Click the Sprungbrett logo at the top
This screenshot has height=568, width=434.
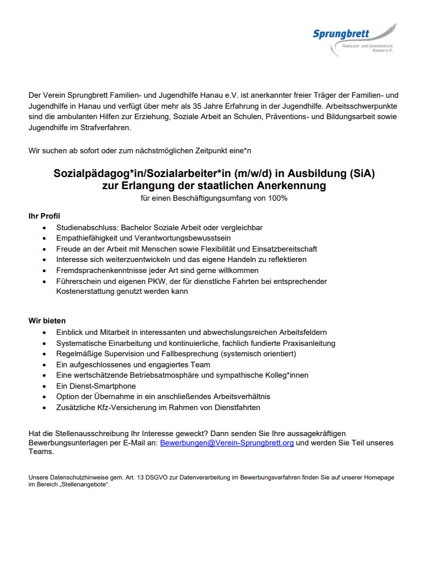tap(354, 39)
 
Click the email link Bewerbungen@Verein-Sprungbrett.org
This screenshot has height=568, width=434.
tap(227, 443)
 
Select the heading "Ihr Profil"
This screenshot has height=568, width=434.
tap(44, 216)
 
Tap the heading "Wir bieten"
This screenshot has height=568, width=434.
tap(47, 320)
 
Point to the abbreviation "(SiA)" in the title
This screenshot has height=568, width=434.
tap(359, 173)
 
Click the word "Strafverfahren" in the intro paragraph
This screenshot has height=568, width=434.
tap(105, 128)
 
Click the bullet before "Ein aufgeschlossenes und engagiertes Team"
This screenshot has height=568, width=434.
tap(45, 365)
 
